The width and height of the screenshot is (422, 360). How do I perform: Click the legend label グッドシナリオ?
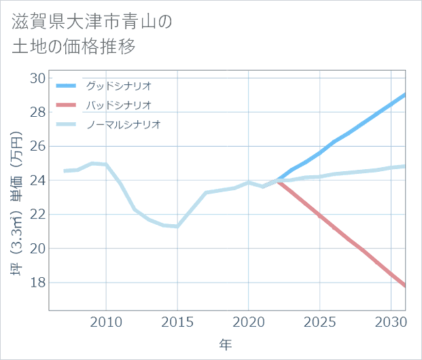coord(118,86)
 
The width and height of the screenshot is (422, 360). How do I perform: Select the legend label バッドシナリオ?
coord(118,105)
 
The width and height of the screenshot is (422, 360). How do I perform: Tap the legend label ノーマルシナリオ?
coord(123,124)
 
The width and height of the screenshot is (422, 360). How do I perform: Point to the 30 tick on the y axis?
coord(37,78)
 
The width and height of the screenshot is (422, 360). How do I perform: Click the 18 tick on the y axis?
coord(37,283)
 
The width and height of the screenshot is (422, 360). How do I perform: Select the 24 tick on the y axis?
coord(37,181)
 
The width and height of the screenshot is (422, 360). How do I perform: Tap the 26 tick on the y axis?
coord(37,146)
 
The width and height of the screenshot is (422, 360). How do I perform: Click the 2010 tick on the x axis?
coord(106,321)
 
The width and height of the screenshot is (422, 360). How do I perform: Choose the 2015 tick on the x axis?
coord(177,321)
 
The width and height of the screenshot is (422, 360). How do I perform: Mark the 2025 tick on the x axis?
coord(319,321)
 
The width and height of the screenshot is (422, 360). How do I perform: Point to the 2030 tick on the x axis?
coord(391,321)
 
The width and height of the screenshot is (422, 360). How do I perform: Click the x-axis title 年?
coord(226,345)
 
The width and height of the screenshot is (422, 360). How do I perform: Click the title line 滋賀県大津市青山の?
coord(92,22)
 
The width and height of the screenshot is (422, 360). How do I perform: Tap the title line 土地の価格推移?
coord(73,47)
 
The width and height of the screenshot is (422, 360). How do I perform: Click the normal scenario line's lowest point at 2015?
coord(177,226)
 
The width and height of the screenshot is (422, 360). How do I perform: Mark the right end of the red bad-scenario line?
coord(405,286)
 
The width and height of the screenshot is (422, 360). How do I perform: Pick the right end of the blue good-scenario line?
coord(405,94)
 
